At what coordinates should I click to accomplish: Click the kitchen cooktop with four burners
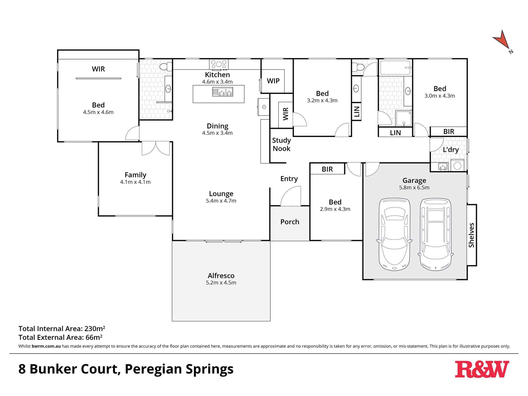pos(219,64)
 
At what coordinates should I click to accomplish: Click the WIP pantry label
pos(273,81)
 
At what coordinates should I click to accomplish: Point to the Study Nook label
pos(281,144)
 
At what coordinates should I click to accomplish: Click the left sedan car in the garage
pos(394,234)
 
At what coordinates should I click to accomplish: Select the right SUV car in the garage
pos(436,234)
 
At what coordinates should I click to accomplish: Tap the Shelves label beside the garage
pos(471,235)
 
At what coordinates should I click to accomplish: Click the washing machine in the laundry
pos(457,166)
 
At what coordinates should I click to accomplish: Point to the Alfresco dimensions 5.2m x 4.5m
pos(221,283)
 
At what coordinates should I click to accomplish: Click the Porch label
pos(290,222)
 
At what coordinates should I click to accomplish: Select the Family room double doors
pos(156,148)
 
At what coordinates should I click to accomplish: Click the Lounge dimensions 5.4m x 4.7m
pos(221,201)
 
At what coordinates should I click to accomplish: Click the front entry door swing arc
pos(290,196)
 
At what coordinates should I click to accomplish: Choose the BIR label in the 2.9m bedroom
pos(327,169)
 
